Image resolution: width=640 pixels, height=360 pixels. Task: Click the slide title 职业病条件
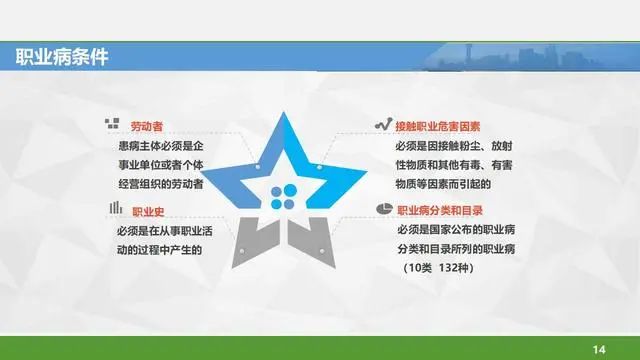(x=62, y=57)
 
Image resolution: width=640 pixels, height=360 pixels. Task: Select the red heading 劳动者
(x=147, y=126)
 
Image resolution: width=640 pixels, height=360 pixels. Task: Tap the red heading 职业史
(x=148, y=212)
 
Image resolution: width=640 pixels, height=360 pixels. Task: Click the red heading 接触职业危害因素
(x=438, y=127)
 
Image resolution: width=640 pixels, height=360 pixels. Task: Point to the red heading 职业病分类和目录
(x=440, y=211)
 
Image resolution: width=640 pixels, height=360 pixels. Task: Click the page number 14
(x=599, y=349)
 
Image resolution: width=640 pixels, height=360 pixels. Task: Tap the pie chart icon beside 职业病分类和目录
(x=384, y=209)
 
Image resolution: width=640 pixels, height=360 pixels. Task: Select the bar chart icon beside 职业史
(x=116, y=207)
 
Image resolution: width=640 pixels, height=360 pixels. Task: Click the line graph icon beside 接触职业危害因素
(x=384, y=124)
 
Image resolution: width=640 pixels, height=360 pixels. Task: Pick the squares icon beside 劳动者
(x=112, y=123)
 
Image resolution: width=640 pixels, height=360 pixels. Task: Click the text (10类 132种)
(x=438, y=268)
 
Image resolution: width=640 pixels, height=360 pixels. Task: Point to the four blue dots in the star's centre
(x=284, y=197)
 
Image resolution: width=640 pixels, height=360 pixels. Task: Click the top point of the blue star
(x=284, y=112)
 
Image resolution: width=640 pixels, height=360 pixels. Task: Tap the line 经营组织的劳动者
(x=161, y=184)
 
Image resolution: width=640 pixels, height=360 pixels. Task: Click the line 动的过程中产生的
(x=160, y=250)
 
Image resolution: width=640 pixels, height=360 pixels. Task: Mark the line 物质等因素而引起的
(x=443, y=184)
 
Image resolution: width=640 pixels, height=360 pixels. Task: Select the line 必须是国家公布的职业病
(x=456, y=230)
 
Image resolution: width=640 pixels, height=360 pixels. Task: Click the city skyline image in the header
(x=531, y=57)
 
